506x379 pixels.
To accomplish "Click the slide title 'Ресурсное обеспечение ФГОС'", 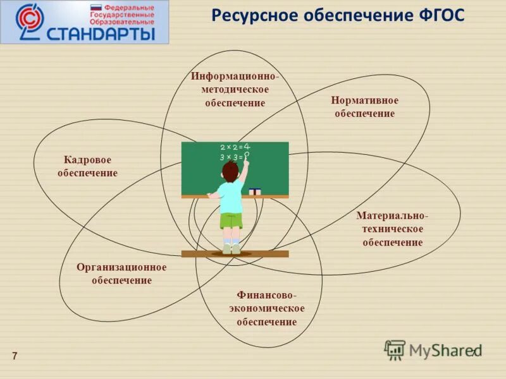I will (x=337, y=16).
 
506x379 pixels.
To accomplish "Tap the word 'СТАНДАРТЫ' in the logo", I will (x=101, y=32).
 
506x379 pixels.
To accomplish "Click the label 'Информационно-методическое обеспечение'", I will (x=235, y=90).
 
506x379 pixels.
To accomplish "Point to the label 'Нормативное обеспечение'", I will (x=364, y=107).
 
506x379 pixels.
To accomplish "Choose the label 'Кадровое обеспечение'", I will (x=87, y=167).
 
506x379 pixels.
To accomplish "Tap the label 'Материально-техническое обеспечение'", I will (x=392, y=229).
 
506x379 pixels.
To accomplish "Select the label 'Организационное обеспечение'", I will (x=121, y=274).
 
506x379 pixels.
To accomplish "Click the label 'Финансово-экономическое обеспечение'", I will (x=267, y=308).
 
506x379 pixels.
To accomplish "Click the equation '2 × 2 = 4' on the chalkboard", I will (x=235, y=147).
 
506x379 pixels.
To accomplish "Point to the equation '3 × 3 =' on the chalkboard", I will (x=231, y=157).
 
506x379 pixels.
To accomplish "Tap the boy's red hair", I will (x=230, y=169).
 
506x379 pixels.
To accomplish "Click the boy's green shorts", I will (x=231, y=220).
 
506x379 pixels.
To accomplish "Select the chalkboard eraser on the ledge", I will (x=255, y=191).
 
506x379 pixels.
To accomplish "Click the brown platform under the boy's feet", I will (x=235, y=254).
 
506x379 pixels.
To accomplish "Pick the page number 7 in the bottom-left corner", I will (x=15, y=356).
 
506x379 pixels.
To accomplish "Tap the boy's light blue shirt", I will (x=230, y=196).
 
